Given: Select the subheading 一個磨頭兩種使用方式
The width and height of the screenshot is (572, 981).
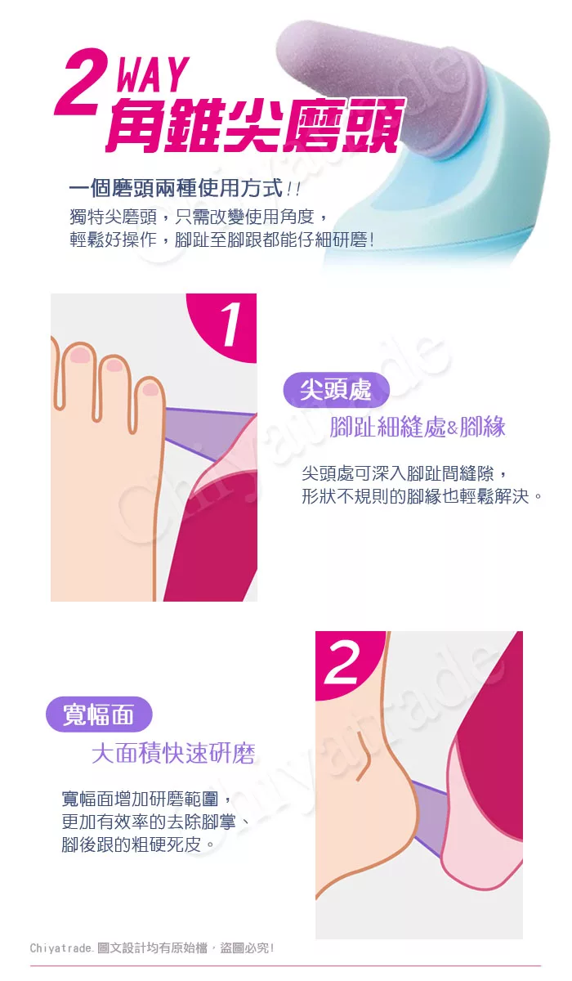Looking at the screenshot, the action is pos(176,189).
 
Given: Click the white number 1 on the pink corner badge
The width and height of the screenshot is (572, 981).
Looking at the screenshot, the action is pos(230,325).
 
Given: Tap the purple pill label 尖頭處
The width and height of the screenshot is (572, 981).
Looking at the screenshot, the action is pos(336,390).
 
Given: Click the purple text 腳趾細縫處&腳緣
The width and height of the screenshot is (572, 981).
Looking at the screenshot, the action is pos(418,427).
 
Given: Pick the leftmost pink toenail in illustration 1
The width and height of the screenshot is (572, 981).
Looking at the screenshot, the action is pos(80,356).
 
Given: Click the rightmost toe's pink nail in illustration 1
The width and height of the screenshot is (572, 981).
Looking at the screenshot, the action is pos(150,389).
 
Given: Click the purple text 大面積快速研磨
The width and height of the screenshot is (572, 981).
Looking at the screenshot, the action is pos(173,754).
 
